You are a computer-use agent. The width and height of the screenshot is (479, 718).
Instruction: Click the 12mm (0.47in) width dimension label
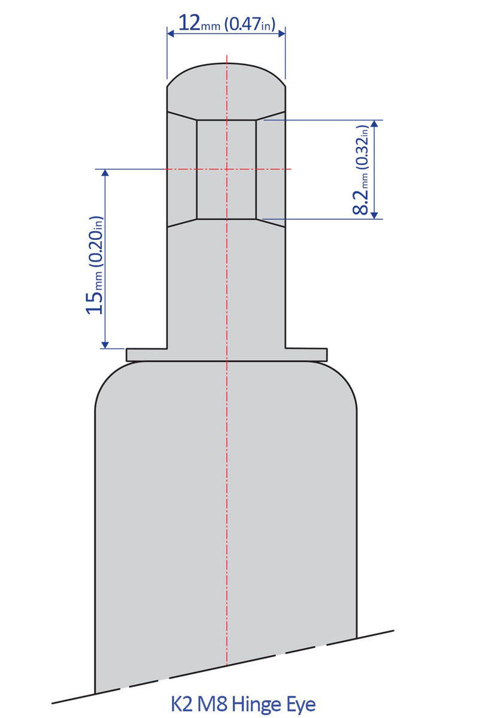[226, 24]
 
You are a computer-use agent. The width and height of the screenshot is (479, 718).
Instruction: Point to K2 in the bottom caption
[183, 703]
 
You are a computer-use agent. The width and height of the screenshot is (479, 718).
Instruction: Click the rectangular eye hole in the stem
[227, 169]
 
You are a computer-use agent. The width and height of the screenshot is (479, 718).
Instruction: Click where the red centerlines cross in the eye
[227, 169]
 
